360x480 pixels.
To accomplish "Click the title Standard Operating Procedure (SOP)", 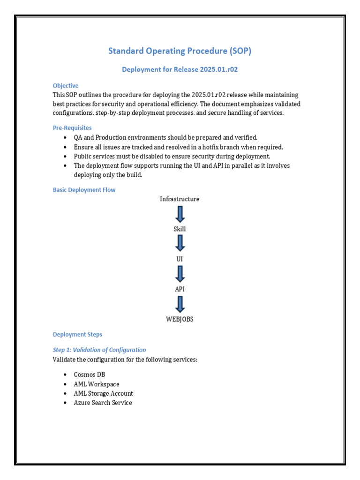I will pyautogui.click(x=180, y=51).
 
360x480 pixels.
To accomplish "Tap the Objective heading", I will pyautogui.click(x=66, y=86).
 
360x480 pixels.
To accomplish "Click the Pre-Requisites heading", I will pyautogui.click(x=72, y=127).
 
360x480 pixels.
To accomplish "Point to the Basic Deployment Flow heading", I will pyautogui.click(x=84, y=190).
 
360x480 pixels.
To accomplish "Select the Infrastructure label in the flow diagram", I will pyautogui.click(x=180, y=199).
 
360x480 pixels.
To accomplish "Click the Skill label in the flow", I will pyautogui.click(x=180, y=229).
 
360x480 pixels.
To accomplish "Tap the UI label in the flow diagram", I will pyautogui.click(x=180, y=259).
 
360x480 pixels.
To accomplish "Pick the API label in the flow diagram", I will pyautogui.click(x=180, y=289).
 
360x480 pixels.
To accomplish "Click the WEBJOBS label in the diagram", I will pyautogui.click(x=180, y=319).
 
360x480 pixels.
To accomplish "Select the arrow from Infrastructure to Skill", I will pyautogui.click(x=180, y=214).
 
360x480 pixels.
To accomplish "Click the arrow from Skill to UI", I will pyautogui.click(x=180, y=243).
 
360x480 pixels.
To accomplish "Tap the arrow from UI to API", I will pyautogui.click(x=180, y=274).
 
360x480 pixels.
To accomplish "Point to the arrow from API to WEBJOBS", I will pyautogui.click(x=180, y=304).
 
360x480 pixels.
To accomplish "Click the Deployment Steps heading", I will pyautogui.click(x=77, y=335).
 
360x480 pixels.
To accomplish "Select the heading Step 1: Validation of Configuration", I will pyautogui.click(x=99, y=350).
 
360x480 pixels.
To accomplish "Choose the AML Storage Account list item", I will pyautogui.click(x=103, y=393).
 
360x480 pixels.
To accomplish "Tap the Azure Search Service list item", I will pyautogui.click(x=103, y=403).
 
